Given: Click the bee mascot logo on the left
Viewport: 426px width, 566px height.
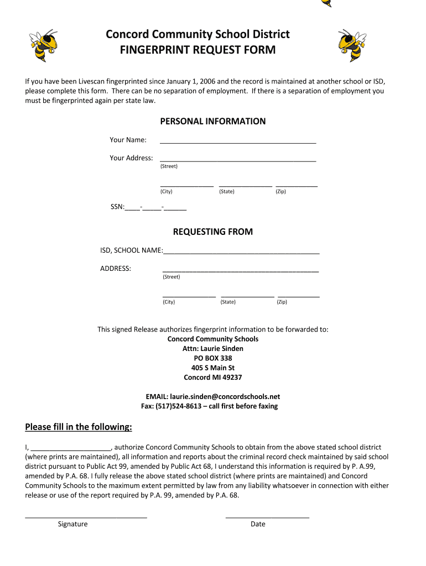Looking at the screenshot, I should point(43,45).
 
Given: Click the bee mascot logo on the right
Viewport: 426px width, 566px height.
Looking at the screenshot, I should point(352,45).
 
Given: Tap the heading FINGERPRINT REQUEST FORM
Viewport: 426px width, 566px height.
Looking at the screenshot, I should point(198,50).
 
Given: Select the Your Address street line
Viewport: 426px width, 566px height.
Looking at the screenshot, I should point(238,160).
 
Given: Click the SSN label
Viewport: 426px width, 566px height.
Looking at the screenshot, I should point(117,207).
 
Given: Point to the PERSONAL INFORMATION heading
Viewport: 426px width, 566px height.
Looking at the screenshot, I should point(212,121).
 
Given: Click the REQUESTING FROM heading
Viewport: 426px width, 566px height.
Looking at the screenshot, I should point(212,232).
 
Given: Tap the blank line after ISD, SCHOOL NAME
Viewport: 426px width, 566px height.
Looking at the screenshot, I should point(241,252).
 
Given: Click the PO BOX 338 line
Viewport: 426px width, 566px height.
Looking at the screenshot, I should point(213,358).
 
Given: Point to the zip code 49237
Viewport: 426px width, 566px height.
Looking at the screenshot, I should point(232,378).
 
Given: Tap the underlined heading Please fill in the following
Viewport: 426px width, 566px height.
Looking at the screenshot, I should point(79,427).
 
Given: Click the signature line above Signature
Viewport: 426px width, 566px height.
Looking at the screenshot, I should point(86,516).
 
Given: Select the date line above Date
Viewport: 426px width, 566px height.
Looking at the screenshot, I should point(267,516).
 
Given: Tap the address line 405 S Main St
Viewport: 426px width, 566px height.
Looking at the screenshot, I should point(213,368).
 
